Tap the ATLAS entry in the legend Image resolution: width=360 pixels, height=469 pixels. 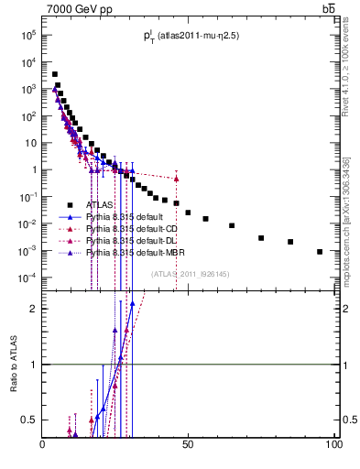(99, 205)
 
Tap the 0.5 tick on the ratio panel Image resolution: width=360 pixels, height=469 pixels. (29, 420)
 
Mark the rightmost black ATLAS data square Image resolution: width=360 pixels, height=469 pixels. (320, 251)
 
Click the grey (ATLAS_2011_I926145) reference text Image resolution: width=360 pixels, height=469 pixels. (191, 272)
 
